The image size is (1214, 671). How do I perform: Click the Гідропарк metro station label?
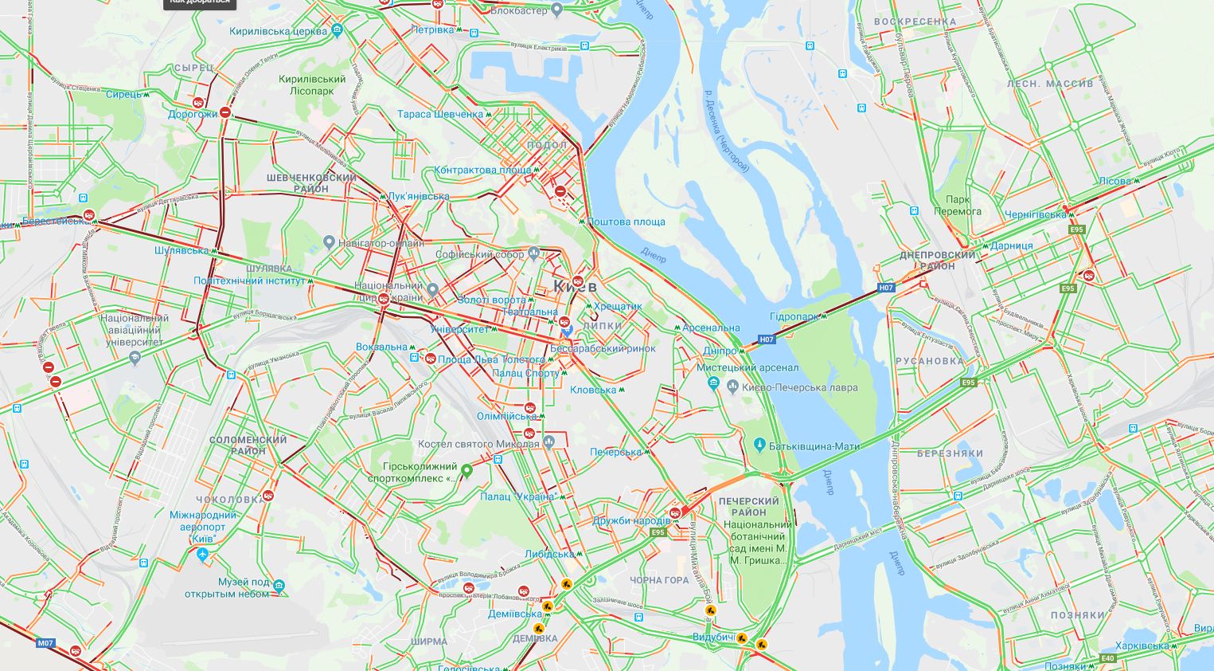point(794,316)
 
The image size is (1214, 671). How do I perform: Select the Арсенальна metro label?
point(711,328)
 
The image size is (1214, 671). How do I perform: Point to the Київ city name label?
point(575,285)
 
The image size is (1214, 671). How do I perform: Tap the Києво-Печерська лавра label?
point(799,387)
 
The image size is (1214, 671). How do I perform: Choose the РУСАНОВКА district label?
point(929,360)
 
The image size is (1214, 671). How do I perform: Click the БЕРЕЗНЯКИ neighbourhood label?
point(950,453)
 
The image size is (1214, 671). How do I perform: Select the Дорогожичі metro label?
point(193,114)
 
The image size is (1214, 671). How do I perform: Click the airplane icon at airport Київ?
point(202,554)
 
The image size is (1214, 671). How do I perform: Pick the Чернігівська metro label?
point(1035,214)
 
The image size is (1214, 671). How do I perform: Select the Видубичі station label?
point(712,638)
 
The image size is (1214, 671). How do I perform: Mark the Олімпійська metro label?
point(506,416)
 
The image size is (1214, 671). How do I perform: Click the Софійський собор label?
point(480,255)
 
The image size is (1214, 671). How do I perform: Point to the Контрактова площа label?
point(482,170)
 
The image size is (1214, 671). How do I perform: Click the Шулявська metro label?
point(182,250)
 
